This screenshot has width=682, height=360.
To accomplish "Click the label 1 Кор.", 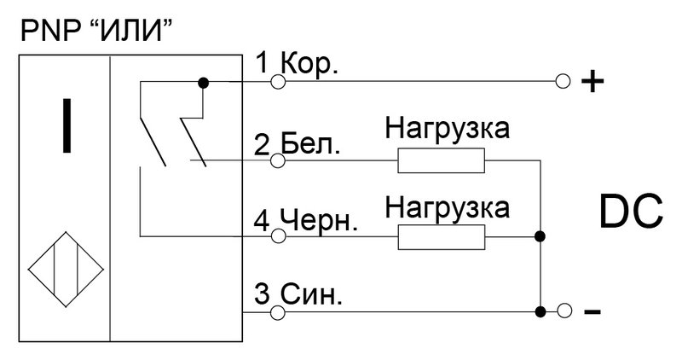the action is tap(297, 64).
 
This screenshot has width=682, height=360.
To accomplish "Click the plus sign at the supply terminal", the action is tap(592, 81).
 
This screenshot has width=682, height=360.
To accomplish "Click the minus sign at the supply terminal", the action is tap(592, 311).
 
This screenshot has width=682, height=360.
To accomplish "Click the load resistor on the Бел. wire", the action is tap(441, 160).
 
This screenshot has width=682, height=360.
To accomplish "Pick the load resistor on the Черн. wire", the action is tap(441, 237).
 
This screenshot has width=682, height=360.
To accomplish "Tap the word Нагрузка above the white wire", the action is tap(447, 130).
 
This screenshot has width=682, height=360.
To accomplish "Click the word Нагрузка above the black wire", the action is tap(447, 207).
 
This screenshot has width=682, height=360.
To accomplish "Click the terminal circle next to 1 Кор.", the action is tap(278, 81).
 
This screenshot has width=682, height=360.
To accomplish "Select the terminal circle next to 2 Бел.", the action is tap(278, 160).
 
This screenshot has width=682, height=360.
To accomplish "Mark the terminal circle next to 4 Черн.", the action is tap(278, 236).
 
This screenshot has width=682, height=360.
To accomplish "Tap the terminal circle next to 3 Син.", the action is tap(278, 312).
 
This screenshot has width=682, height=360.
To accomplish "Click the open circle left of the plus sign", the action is tap(564, 81).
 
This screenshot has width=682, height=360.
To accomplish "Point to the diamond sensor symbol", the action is tap(66, 270).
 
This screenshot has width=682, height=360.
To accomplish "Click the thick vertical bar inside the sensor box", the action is tap(66, 125).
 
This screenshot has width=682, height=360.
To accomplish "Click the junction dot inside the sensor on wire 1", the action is tap(203, 82).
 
